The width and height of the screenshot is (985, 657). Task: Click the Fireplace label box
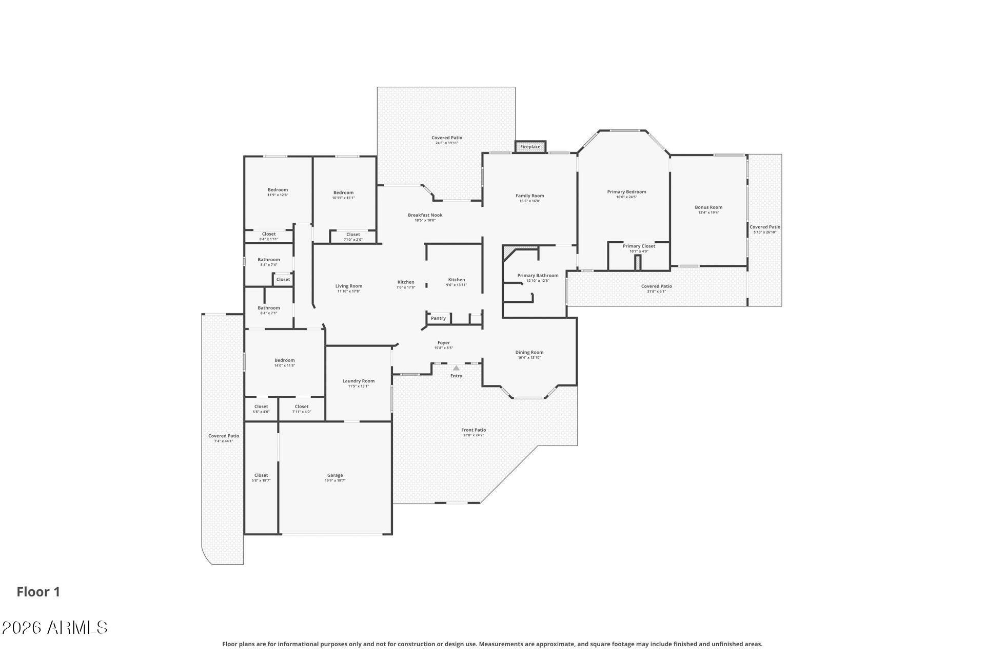pos(530,147)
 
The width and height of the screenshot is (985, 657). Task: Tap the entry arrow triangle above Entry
pos(456,368)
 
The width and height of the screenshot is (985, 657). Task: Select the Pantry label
pos(438,318)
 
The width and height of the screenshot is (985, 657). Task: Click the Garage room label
pos(335,475)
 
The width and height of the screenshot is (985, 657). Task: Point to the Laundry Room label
pos(359,381)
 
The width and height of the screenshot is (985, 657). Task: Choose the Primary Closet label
pos(639,246)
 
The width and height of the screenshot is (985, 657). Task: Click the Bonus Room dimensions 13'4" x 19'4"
pos(708,212)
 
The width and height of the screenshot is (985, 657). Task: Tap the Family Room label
pos(529,196)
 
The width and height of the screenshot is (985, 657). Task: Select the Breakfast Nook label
pos(425,215)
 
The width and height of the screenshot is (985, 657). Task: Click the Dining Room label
pos(529,353)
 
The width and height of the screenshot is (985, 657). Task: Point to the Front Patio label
pos(473,430)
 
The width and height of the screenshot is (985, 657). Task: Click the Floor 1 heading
pos(38,592)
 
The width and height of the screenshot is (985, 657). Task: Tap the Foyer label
pos(443,343)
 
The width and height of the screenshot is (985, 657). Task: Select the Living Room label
pos(348,286)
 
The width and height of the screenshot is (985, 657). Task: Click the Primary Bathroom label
pos(538,276)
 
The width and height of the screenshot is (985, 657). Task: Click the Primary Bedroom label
pos(626,192)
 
